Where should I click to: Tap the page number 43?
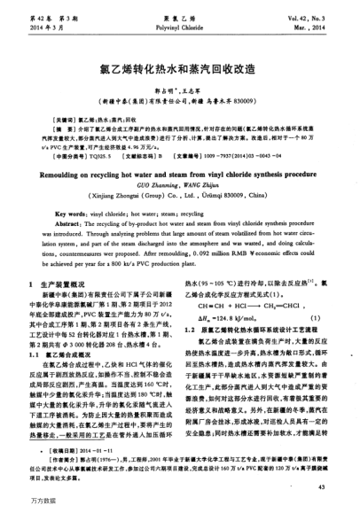click(325, 486)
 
